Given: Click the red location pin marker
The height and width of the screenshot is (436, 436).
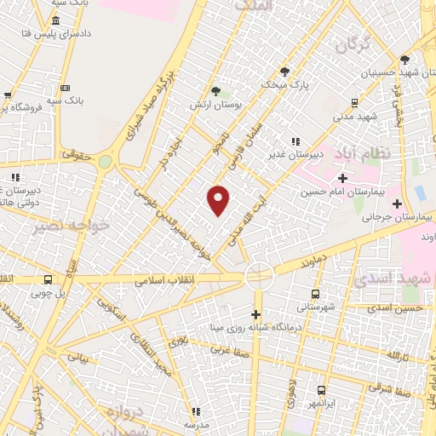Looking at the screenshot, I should coord(219,201).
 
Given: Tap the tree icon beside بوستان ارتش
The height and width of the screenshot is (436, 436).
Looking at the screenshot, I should coord(216,90).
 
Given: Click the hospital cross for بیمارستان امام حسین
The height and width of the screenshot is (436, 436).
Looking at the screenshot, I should coord(342,178).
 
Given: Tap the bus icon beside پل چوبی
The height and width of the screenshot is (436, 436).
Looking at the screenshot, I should coord(48,278).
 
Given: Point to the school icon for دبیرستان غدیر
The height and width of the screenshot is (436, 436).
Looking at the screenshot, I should coord(295,142).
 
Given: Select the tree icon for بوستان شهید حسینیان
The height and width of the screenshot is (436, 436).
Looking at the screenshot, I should coord(404,59).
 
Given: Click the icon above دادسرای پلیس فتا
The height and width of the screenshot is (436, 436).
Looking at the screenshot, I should coord(55,20).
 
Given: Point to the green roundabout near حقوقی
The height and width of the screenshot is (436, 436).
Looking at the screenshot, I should coord(105,161).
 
